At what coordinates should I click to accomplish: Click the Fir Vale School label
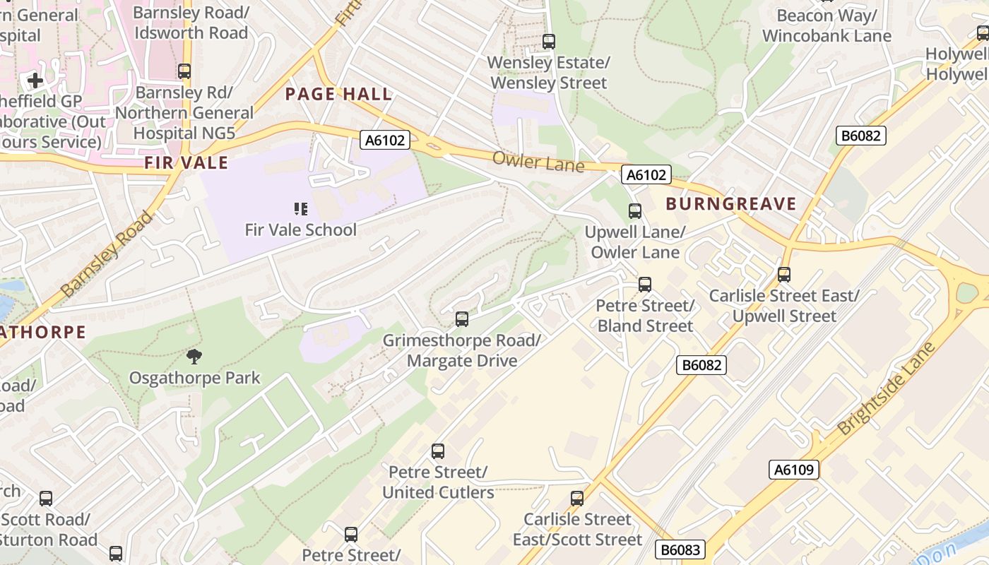(x=300, y=230)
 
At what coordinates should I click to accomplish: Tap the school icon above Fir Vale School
(x=300, y=208)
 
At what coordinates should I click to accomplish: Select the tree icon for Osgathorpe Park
(x=194, y=357)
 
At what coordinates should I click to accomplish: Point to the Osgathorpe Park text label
(x=194, y=378)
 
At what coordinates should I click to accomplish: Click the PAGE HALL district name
(x=338, y=94)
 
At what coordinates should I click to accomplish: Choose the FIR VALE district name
(x=186, y=163)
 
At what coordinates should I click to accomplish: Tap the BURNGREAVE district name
(x=731, y=205)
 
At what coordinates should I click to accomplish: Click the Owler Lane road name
(x=538, y=162)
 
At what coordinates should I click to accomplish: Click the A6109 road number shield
(x=793, y=470)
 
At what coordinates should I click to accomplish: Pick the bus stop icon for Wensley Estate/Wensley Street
(x=549, y=42)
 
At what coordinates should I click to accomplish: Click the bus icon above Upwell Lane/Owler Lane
(x=635, y=210)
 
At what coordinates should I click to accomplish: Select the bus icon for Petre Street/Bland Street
(x=644, y=285)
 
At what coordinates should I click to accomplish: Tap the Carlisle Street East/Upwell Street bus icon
(x=783, y=275)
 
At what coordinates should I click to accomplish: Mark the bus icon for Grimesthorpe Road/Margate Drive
(x=461, y=319)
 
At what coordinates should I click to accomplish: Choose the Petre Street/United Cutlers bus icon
(x=438, y=451)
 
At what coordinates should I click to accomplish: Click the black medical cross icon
(x=35, y=81)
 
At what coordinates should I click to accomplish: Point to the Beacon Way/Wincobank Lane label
(x=827, y=25)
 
